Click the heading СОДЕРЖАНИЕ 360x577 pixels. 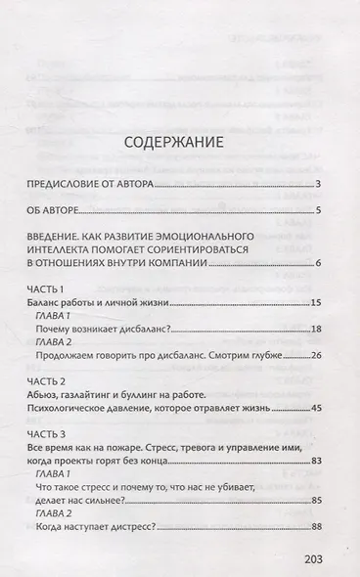click(x=180, y=143)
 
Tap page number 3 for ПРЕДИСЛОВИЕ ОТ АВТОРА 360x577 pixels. click(x=320, y=184)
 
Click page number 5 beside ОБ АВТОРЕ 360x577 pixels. click(x=320, y=210)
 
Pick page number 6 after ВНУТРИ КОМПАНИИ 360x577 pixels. click(x=320, y=264)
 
